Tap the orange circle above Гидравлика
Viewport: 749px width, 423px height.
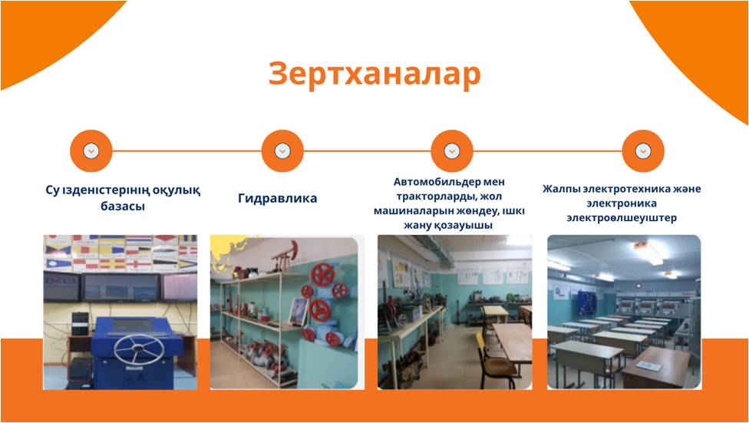point(282,151)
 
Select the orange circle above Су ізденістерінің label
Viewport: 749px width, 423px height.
point(91,151)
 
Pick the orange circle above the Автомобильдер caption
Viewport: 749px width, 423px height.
point(452,151)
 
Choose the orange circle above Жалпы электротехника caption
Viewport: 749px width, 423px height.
point(643,151)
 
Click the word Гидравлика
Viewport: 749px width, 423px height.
point(278,198)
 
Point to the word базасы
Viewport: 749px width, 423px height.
point(123,207)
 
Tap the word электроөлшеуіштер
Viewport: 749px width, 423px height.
point(622,219)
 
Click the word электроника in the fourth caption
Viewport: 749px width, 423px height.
point(622,203)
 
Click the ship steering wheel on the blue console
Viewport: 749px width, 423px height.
point(139,349)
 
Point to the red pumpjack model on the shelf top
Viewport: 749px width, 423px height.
point(285,256)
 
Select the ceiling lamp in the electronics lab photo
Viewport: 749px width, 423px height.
point(648,251)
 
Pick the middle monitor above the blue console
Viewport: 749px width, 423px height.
point(120,287)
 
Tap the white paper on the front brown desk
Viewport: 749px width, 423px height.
point(648,366)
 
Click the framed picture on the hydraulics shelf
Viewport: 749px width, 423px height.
point(298,311)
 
